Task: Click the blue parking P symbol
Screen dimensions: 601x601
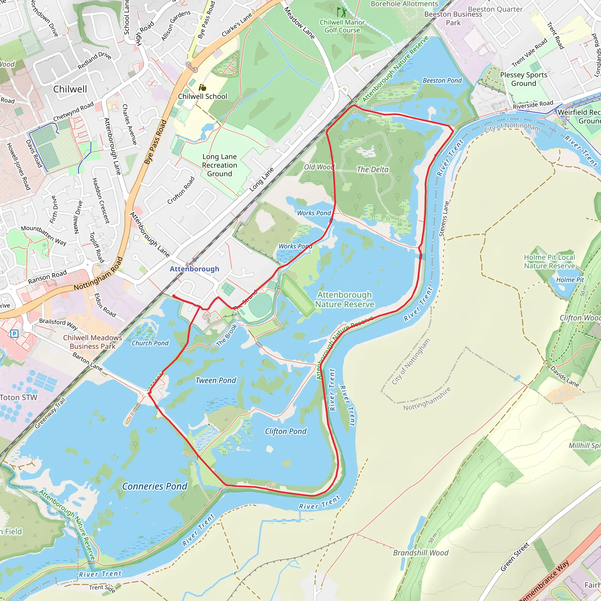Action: pos(14,334)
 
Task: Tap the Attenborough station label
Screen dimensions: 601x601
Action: pos(195,269)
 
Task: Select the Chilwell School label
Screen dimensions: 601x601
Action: pos(202,97)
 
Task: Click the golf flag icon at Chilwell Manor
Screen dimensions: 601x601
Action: pos(342,12)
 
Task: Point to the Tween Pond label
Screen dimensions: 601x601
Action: pos(216,380)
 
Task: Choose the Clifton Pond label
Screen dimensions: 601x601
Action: pos(286,431)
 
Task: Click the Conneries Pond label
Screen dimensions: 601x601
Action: pos(155,486)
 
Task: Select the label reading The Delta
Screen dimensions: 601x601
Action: pos(372,170)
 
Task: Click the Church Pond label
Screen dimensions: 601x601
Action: pos(150,343)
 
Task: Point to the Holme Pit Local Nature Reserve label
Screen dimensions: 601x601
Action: pos(549,261)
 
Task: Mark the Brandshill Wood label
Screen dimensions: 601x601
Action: pos(421,553)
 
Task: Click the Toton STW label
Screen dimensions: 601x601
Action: pos(19,398)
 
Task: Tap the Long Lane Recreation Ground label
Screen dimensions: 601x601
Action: pos(220,165)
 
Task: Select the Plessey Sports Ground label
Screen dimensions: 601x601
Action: pos(524,79)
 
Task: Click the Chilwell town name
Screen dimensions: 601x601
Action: pos(70,89)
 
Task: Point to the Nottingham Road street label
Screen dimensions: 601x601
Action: pos(98,274)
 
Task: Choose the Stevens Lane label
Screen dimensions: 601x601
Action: pos(444,219)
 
